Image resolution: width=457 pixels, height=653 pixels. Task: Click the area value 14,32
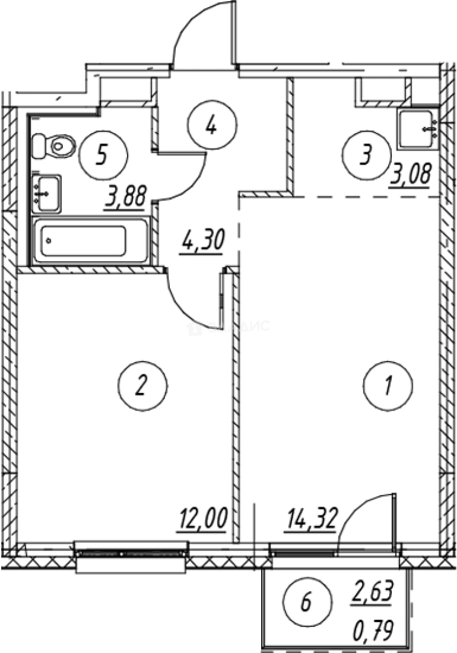tap(310, 519)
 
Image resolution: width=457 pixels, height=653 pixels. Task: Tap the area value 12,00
tap(202, 519)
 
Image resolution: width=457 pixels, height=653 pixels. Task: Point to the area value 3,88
tap(128, 197)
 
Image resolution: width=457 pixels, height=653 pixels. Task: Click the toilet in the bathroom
tap(54, 145)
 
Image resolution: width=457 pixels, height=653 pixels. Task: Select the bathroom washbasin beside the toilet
tap(46, 193)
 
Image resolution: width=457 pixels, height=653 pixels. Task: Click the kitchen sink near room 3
tap(417, 128)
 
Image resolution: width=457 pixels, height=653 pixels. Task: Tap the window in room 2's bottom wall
tap(130, 551)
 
